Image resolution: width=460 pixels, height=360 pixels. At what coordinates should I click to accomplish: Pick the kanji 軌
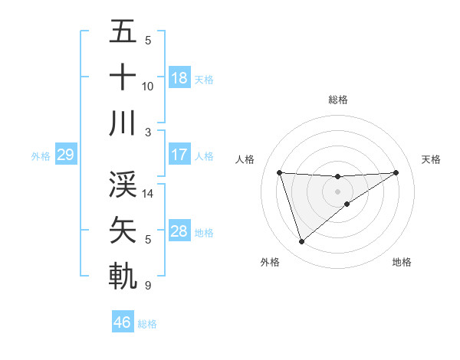tap(123, 275)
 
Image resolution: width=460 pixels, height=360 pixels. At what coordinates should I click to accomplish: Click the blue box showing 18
tap(179, 77)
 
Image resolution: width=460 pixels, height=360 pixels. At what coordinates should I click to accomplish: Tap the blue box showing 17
tap(179, 155)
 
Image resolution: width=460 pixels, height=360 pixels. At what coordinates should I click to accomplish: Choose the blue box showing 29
tap(65, 155)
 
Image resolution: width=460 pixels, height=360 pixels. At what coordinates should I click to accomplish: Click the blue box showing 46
tap(123, 322)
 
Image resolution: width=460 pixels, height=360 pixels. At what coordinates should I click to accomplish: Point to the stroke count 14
tap(149, 194)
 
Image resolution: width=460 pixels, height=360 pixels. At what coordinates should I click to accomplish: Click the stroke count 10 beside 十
tap(148, 86)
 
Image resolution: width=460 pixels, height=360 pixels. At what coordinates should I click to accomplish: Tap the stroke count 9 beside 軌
tap(147, 286)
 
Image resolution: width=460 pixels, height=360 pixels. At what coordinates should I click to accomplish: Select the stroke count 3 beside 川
tap(147, 132)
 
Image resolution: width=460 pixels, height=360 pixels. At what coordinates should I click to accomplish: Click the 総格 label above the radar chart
tap(338, 100)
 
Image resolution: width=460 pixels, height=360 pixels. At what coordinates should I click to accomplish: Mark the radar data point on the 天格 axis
tap(396, 172)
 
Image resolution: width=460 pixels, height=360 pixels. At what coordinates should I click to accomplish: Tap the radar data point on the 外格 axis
tap(301, 242)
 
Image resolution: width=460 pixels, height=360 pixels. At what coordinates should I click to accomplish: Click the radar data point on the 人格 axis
tap(280, 172)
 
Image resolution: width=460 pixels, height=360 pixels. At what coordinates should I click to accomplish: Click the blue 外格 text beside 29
tap(41, 155)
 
